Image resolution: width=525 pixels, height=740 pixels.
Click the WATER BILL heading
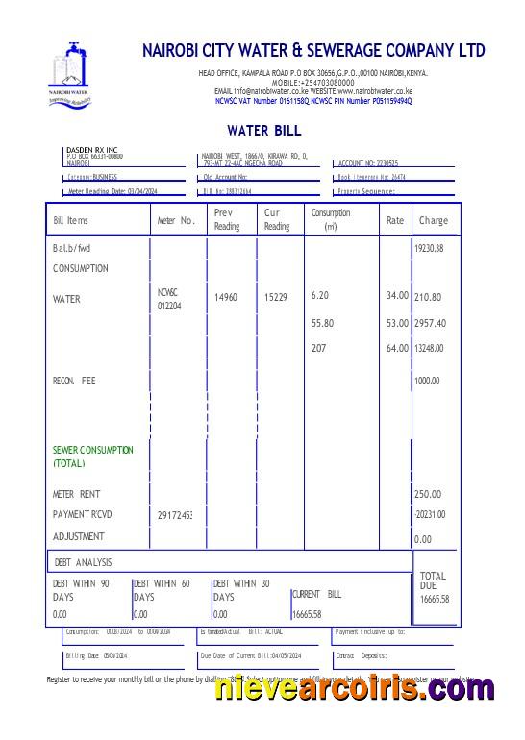[x=264, y=130]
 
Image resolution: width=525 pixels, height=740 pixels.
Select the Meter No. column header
[x=176, y=220]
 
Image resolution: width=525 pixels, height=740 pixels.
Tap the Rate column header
[x=395, y=220]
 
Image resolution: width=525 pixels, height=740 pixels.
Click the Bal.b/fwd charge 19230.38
[x=429, y=248]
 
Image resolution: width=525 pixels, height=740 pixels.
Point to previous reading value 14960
[x=226, y=298]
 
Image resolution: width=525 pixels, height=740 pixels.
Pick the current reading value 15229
[x=276, y=298]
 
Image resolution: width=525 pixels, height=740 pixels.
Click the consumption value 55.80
[x=323, y=323]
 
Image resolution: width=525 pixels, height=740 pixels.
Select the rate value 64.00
[x=397, y=348]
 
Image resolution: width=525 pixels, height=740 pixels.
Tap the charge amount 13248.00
[x=429, y=348]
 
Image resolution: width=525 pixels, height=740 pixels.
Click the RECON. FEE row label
[x=74, y=381]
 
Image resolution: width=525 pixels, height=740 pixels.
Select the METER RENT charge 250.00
[x=428, y=494]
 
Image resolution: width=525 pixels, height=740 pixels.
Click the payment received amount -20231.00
[x=429, y=514]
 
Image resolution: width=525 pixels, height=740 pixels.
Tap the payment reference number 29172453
[x=175, y=516]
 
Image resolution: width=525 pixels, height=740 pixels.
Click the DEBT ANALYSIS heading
[x=83, y=562]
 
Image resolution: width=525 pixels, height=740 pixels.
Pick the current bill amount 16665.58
[x=306, y=613]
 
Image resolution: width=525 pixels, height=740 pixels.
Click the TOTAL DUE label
[x=434, y=580]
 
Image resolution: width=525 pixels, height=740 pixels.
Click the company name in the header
[x=313, y=50]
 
